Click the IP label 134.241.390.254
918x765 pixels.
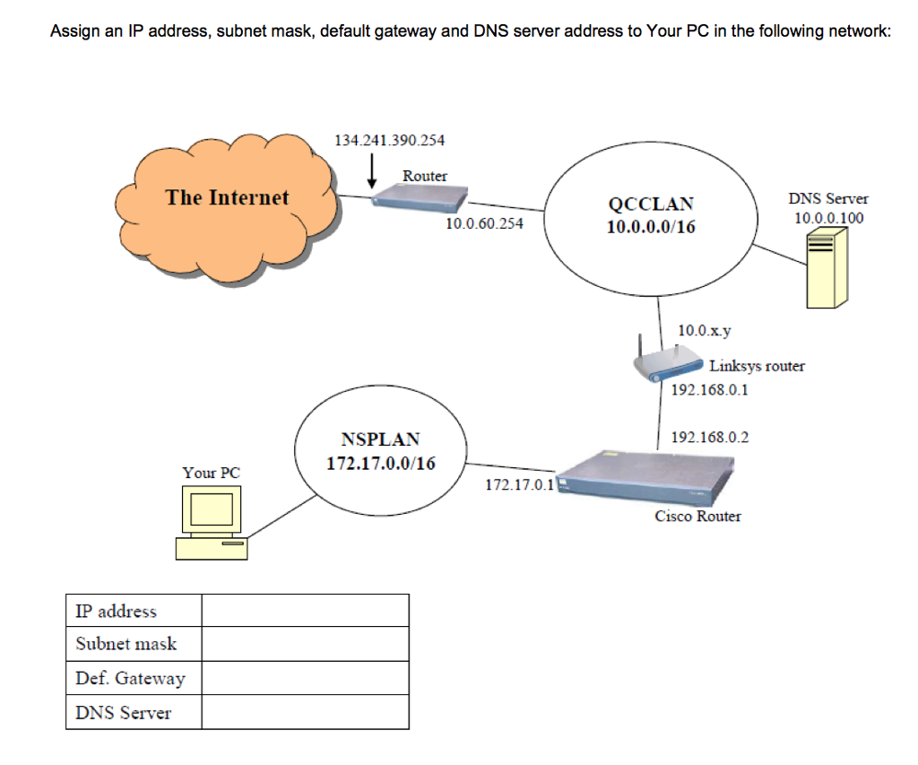[x=388, y=141]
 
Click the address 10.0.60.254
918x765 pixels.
[x=484, y=223]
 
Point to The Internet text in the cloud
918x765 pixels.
[x=227, y=197]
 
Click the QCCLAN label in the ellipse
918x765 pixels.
[x=651, y=204]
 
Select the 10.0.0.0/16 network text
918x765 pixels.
[x=651, y=226]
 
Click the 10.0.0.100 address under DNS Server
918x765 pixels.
[x=828, y=218]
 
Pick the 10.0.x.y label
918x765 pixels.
[x=704, y=331]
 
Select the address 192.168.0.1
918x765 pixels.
[x=709, y=390]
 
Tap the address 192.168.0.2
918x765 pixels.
[x=709, y=438]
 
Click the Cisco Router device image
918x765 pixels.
[x=645, y=480]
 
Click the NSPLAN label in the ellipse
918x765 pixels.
[x=380, y=439]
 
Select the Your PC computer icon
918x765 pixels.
[x=212, y=522]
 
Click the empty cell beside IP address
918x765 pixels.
[x=305, y=611]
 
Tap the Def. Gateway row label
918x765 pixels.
[x=131, y=679]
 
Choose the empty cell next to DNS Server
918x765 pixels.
[x=305, y=713]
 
